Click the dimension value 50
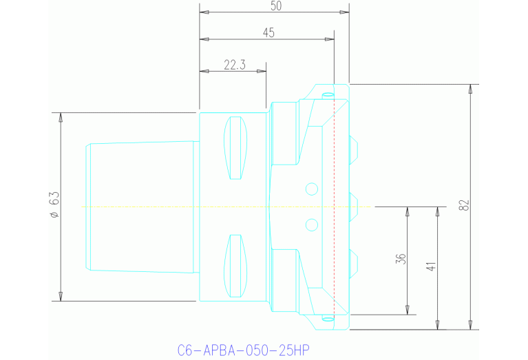276,6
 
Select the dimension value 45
268,32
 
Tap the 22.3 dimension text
234,65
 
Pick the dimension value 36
401,259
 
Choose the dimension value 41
431,266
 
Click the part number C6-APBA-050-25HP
243,350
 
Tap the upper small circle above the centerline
311,189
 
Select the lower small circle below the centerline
311,224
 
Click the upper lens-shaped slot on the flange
236,148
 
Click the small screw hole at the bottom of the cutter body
328,319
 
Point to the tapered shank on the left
141,206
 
